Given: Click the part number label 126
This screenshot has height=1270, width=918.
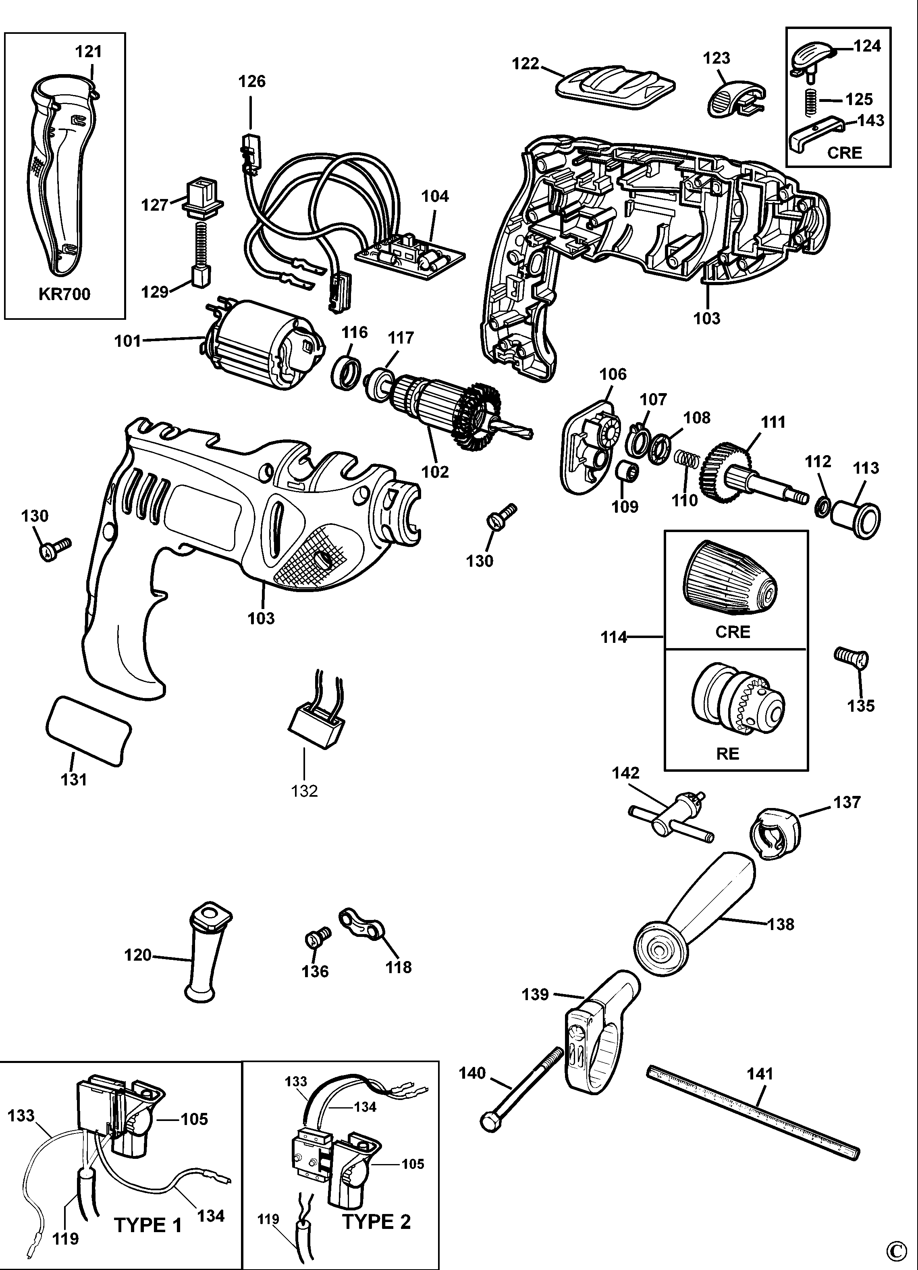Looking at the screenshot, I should (251, 82).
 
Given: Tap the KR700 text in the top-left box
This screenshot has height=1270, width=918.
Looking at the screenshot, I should (64, 294).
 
